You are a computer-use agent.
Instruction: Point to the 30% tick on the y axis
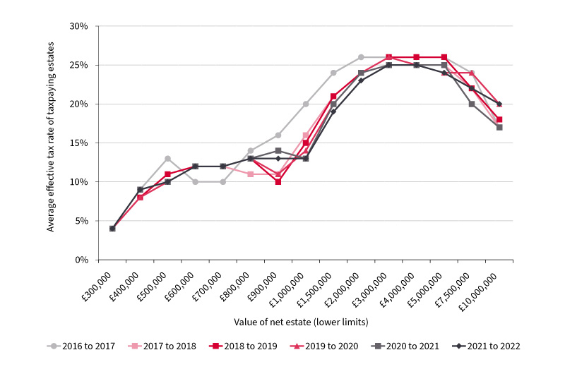tap(78, 26)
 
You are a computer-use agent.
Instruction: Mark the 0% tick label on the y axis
tap(81, 260)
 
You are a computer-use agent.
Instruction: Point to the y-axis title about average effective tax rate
tap(51, 143)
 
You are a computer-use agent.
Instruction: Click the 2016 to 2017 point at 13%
tap(167, 158)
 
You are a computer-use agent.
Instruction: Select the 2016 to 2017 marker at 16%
tap(278, 135)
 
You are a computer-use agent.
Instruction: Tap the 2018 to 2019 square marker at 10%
tap(278, 181)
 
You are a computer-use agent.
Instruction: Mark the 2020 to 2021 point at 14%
tap(278, 150)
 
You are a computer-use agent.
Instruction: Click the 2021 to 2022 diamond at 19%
tap(333, 111)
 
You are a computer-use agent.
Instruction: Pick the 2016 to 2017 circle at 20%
tap(306, 104)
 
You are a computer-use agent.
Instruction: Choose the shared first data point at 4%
tap(112, 228)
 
